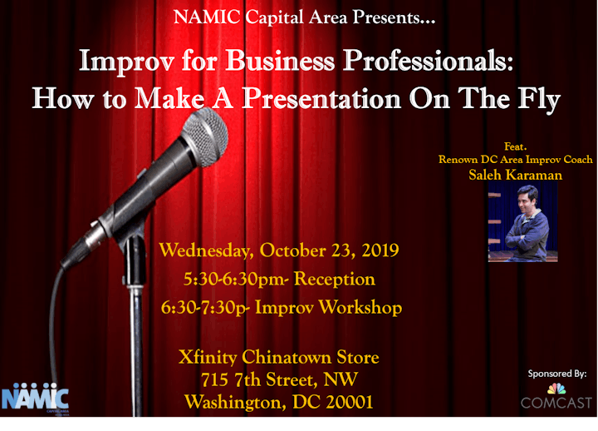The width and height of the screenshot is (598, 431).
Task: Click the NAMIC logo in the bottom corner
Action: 35,399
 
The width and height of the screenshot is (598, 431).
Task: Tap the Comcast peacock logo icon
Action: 556,389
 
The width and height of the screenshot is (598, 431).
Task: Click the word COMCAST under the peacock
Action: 556,403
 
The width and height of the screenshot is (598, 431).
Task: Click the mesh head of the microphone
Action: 205,136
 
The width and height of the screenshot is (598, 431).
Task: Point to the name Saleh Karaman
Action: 515,175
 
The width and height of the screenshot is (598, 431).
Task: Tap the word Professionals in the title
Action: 428,61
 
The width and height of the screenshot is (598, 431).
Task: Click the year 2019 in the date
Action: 380,250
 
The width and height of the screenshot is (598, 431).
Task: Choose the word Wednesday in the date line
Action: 206,251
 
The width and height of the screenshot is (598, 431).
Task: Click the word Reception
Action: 335,280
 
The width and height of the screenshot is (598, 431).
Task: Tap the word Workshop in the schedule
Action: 360,308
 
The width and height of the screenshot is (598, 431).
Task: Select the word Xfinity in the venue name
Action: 208,358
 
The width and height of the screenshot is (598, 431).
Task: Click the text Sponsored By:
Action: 557,374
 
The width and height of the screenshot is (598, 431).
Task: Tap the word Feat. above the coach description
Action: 515,146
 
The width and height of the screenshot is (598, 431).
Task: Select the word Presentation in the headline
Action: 321,98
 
